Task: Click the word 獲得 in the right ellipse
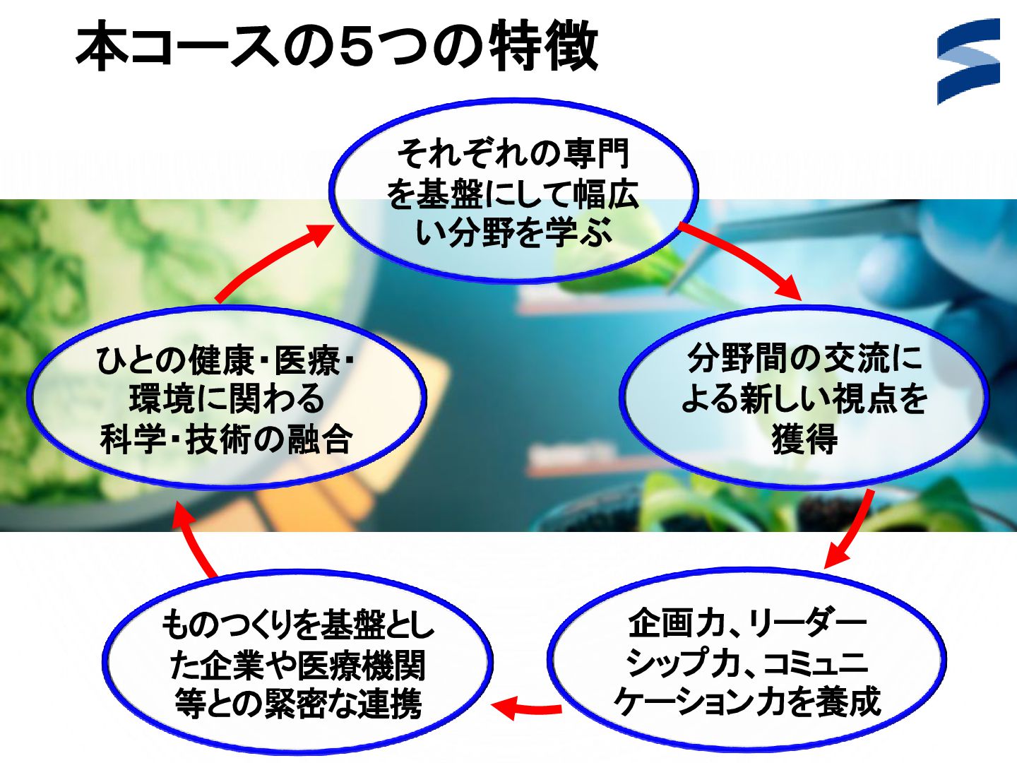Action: click(x=804, y=439)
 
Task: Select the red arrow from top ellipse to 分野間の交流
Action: click(x=745, y=258)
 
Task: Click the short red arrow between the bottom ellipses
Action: click(x=526, y=707)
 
